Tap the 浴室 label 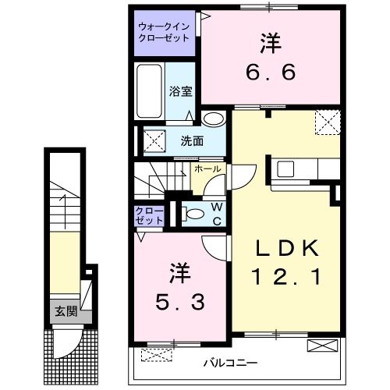point(180,91)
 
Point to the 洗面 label point(192,141)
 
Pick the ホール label point(207,168)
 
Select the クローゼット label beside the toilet point(149,216)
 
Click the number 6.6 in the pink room point(271,73)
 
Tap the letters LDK point(289,249)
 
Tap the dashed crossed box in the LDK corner point(326,122)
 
